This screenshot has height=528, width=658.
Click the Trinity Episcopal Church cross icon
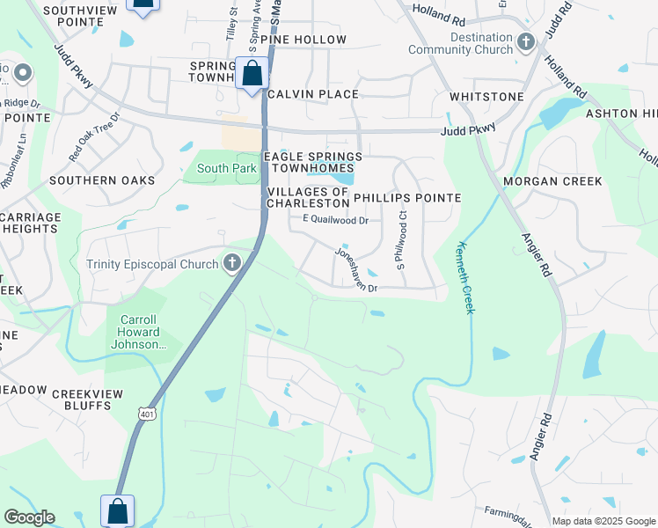(x=232, y=263)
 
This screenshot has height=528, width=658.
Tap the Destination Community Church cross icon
(x=526, y=42)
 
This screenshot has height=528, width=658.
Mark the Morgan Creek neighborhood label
(x=552, y=181)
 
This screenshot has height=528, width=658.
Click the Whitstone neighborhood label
(x=486, y=97)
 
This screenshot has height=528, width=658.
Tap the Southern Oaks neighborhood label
(x=102, y=180)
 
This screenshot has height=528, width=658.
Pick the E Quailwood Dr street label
(x=334, y=219)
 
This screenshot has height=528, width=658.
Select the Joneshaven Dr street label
(x=355, y=269)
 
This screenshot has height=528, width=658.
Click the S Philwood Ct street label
(x=400, y=246)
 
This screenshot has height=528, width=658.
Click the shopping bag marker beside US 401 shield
(x=117, y=510)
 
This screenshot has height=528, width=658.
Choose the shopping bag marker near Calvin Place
(x=252, y=73)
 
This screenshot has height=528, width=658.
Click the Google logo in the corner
(x=29, y=517)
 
